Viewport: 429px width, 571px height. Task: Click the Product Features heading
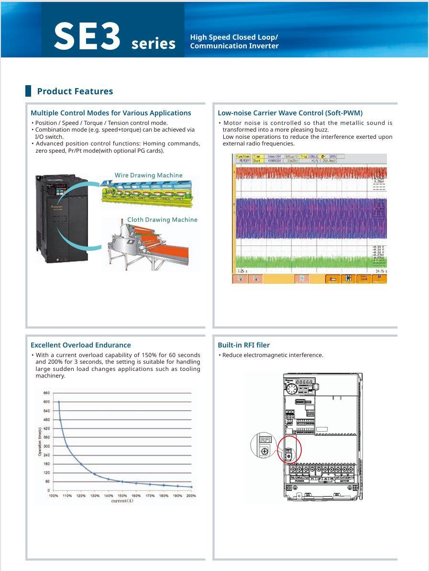coord(75,91)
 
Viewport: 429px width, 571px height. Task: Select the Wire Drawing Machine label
coord(148,175)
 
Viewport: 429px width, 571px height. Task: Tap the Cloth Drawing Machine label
coord(162,220)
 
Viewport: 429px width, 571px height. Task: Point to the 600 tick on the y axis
coord(46,402)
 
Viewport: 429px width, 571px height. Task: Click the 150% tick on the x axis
coord(122,496)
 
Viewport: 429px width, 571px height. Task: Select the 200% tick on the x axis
coord(191,496)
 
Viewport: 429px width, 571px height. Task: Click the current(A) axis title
coord(122,501)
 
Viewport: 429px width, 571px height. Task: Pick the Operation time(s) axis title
coord(40,441)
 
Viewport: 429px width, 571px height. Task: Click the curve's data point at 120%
coord(81,464)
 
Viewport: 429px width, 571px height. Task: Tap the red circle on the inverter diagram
coord(289,449)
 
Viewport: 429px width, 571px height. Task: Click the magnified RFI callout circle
coord(264,445)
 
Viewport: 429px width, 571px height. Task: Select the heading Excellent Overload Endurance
coord(80,345)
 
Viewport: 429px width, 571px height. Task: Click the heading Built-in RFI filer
coord(243,345)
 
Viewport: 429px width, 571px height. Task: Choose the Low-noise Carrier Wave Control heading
coord(290,113)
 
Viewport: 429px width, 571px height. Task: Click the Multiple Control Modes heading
coord(110,113)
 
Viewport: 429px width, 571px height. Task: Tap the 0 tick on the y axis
coord(48,491)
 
